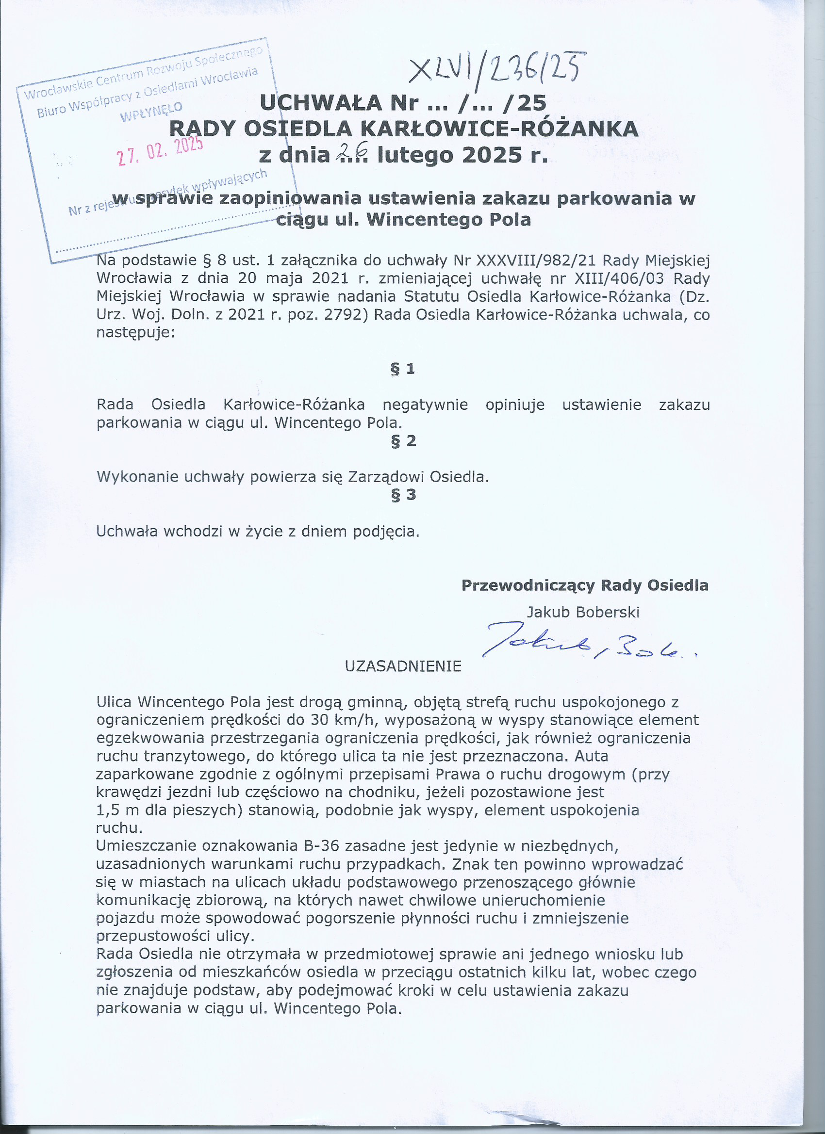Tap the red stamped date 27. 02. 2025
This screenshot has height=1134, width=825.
point(160,151)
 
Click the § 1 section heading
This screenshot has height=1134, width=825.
point(403,369)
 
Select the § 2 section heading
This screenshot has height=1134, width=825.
point(403,441)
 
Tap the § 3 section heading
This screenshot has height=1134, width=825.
point(403,495)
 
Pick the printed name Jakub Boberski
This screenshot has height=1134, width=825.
point(583,612)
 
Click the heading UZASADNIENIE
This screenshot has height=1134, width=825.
point(403,666)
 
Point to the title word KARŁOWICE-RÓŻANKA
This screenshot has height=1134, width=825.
point(499,129)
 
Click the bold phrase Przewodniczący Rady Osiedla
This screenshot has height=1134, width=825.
point(585,585)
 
